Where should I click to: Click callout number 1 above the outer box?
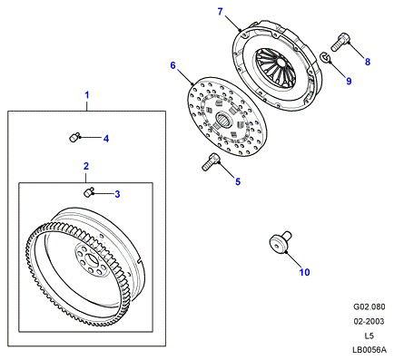(x=87, y=95)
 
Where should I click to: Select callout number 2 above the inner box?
(x=86, y=166)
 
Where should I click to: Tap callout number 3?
(x=117, y=194)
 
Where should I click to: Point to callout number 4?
(x=106, y=139)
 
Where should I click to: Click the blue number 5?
(x=238, y=181)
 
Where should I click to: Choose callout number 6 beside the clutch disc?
(x=172, y=65)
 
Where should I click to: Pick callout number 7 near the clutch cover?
(x=220, y=12)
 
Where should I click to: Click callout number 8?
(x=368, y=62)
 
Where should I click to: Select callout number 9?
(x=349, y=81)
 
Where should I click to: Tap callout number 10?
(x=305, y=272)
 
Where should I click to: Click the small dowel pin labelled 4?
(x=74, y=138)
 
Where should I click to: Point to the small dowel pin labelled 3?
(x=88, y=191)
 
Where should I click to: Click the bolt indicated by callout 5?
(x=211, y=161)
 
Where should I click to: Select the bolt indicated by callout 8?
(x=340, y=42)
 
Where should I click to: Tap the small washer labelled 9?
(x=325, y=57)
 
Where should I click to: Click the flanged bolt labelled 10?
(x=279, y=242)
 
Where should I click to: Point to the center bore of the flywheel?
(x=92, y=260)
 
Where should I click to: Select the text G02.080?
(x=369, y=306)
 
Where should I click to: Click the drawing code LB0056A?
(x=369, y=350)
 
